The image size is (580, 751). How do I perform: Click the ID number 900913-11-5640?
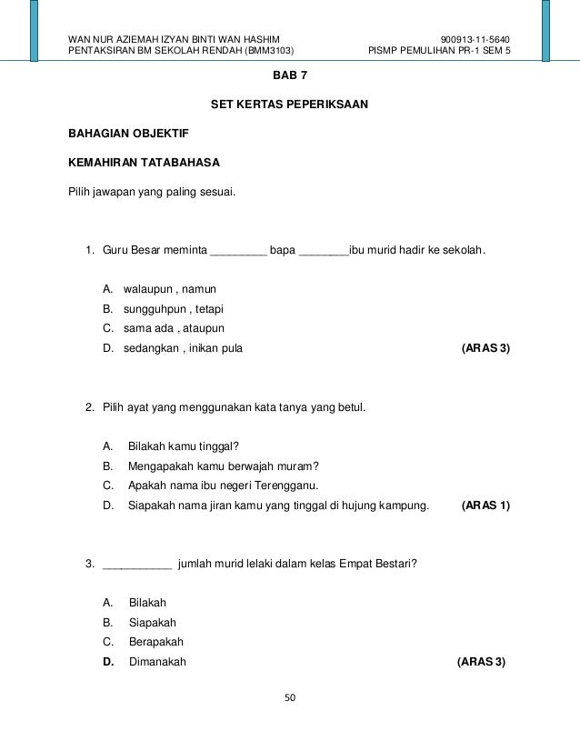475,39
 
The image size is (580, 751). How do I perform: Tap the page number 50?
290,698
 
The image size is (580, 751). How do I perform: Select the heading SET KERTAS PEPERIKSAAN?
289,105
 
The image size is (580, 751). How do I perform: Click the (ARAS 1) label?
485,505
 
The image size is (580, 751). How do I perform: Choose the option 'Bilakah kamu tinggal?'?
184,446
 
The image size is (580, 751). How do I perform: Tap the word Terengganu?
285,485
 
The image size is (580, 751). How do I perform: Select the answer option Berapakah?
156,642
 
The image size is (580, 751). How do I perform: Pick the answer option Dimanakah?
157,662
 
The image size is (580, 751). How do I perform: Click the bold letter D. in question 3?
108,662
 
